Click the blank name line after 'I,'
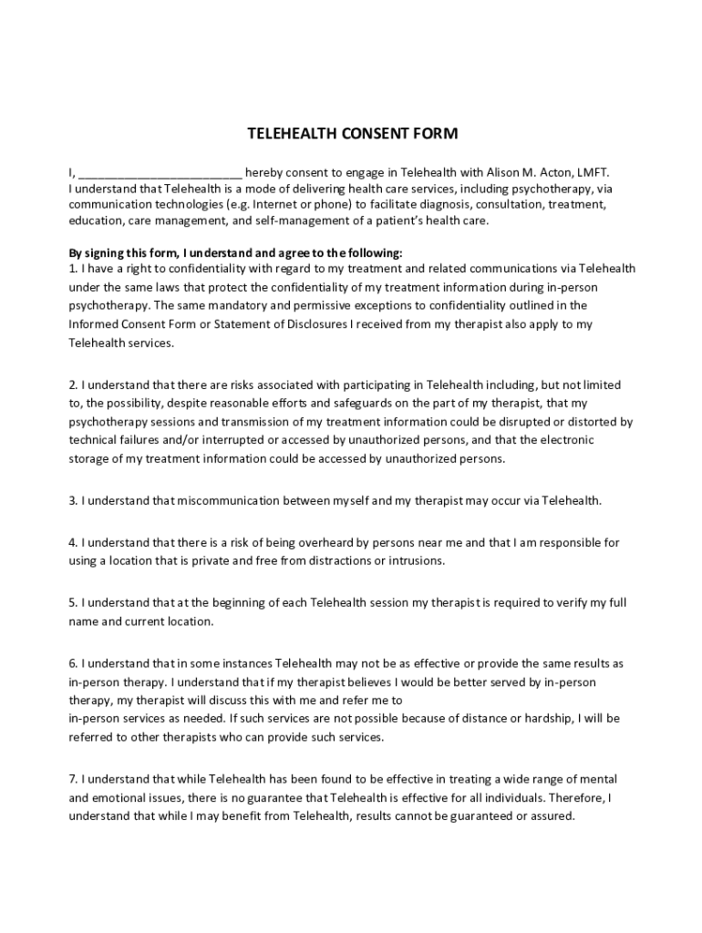coord(160,172)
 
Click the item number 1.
coord(73,269)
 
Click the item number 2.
coord(73,385)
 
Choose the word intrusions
coord(416,560)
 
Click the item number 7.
coord(73,779)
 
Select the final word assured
coord(552,815)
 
